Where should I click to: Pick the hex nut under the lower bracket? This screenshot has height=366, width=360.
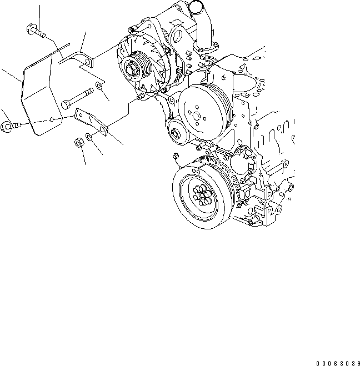pos(79,143)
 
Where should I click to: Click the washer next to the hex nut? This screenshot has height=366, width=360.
pos(91,136)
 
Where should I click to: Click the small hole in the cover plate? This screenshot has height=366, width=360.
pos(51,118)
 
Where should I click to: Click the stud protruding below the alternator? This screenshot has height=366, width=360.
pos(141,97)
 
